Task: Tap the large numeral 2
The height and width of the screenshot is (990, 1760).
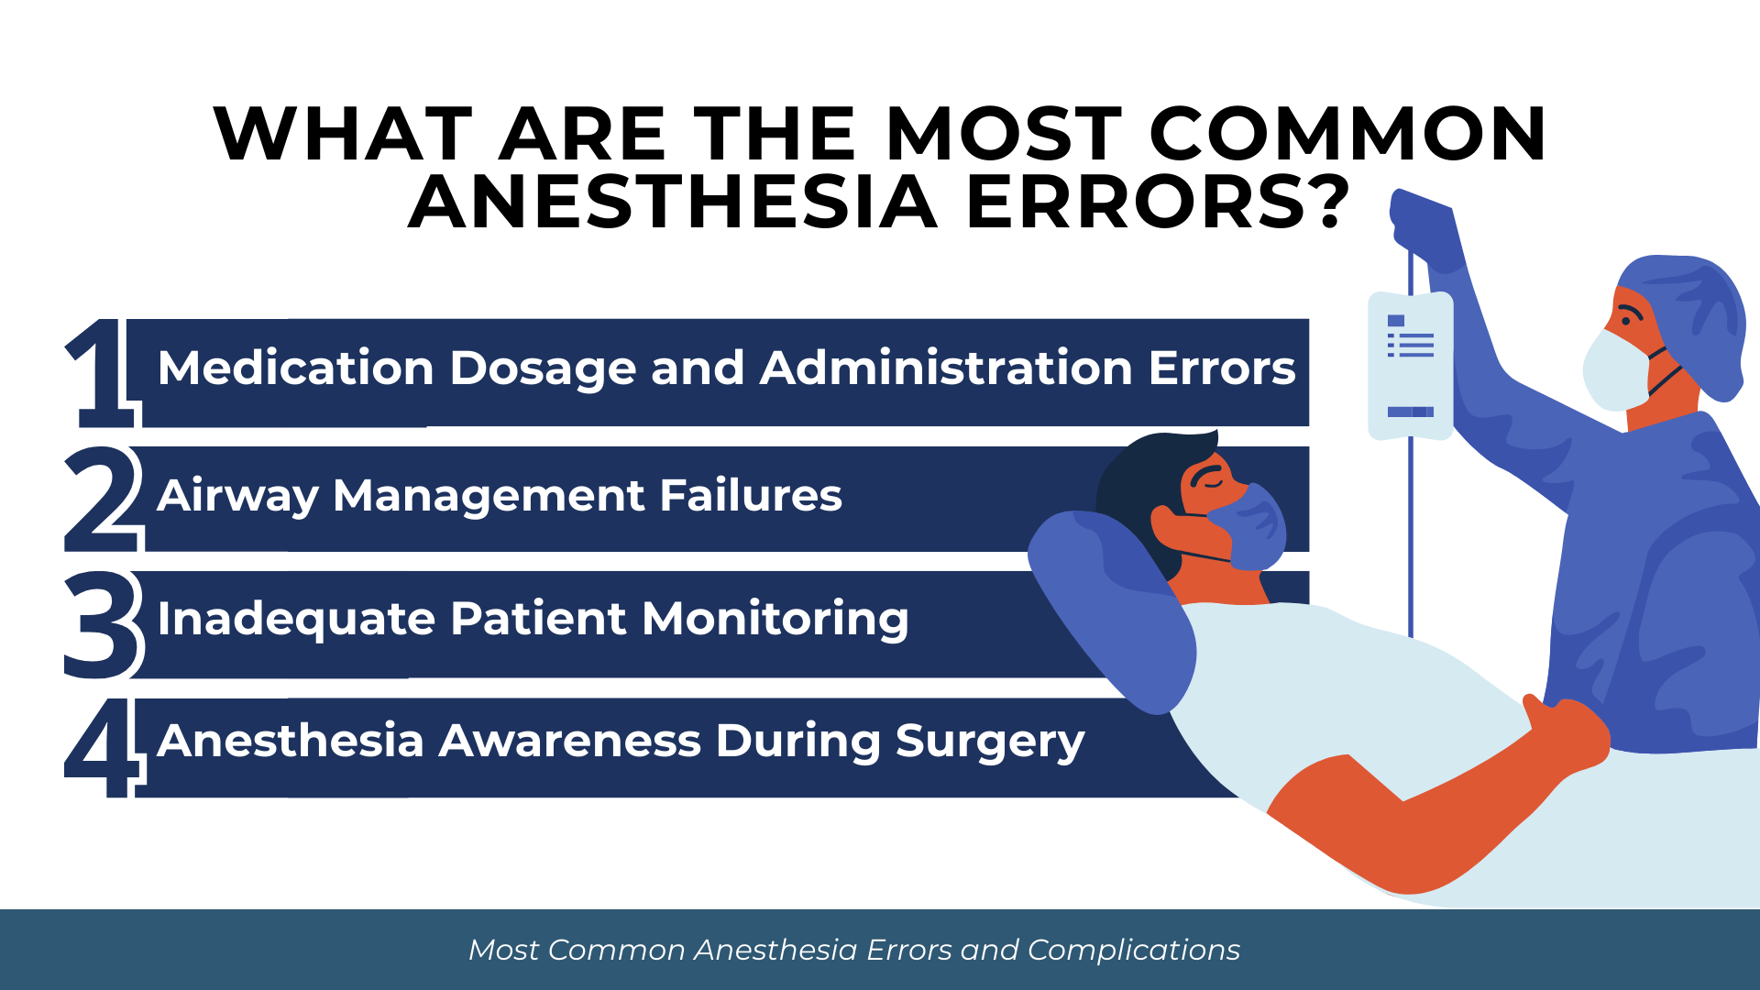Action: click(x=104, y=499)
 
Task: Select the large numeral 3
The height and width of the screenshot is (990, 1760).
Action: click(x=104, y=624)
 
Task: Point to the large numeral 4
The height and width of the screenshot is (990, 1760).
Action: click(x=104, y=747)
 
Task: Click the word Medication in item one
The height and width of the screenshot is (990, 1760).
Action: click(x=295, y=368)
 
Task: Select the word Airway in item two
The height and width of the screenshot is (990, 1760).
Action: click(x=237, y=497)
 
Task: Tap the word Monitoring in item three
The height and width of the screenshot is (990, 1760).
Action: click(x=775, y=621)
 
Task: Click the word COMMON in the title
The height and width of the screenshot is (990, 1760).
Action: click(x=1347, y=134)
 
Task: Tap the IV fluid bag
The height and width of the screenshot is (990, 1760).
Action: click(x=1410, y=366)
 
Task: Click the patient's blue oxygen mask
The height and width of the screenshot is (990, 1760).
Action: click(x=1252, y=526)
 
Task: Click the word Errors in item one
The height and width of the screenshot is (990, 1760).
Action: click(x=1222, y=368)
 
